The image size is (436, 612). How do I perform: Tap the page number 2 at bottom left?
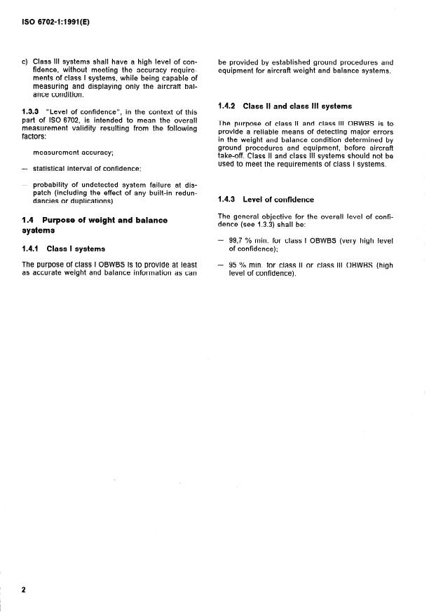tap(23, 590)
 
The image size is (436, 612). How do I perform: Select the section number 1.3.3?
tap(32, 112)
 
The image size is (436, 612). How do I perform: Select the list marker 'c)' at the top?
tap(26, 61)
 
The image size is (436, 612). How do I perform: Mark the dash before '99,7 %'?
tap(222, 240)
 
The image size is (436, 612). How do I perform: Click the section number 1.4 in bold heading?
tap(28, 220)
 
